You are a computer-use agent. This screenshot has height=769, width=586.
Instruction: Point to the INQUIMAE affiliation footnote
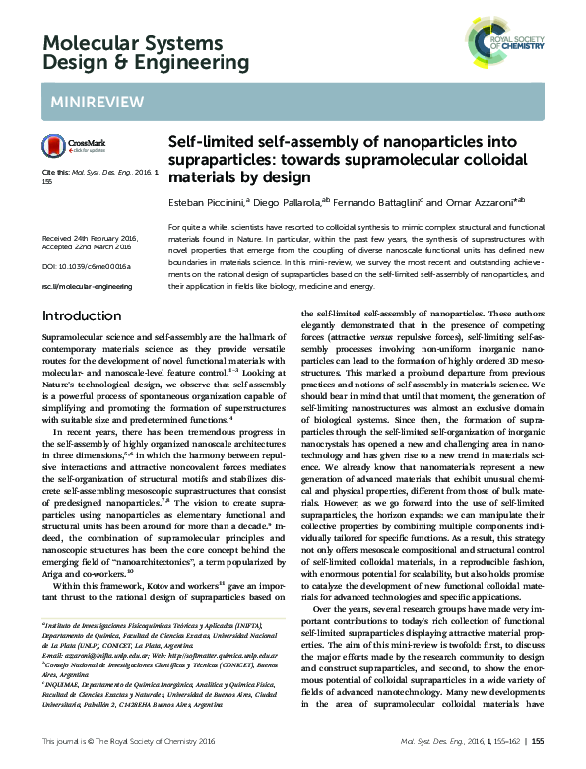click(60, 689)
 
